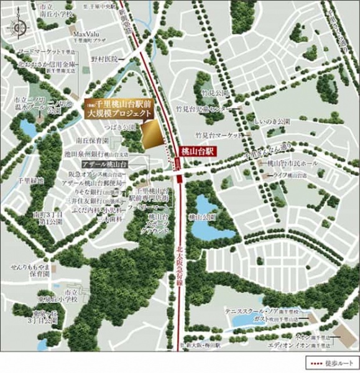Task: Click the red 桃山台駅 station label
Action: click(198, 150)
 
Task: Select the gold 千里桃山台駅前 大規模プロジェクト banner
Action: click(118, 109)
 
